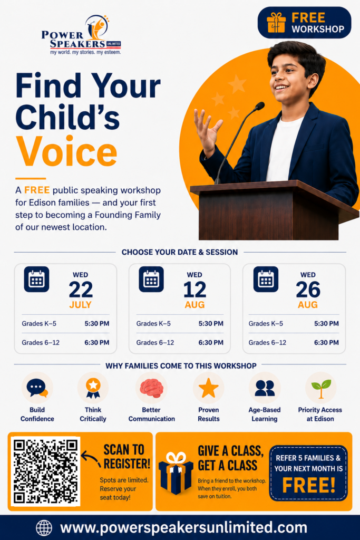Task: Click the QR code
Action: [x=45, y=471]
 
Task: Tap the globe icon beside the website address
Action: [x=44, y=527]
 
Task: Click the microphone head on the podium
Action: [x=259, y=106]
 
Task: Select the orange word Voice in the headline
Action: [x=66, y=151]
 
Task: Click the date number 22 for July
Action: [x=81, y=290]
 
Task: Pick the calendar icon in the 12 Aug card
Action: [x=151, y=279]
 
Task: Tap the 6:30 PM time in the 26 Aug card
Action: [x=326, y=342]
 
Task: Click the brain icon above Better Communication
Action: [x=151, y=388]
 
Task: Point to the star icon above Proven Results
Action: [x=209, y=388]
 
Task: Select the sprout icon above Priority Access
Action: [x=321, y=389]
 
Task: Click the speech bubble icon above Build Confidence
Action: [x=37, y=388]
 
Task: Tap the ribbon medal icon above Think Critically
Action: [x=93, y=388]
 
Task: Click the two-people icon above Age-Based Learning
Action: [x=265, y=388]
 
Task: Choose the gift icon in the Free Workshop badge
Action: [x=276, y=23]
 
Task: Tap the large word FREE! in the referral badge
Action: [x=309, y=485]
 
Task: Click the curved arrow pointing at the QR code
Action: [x=91, y=459]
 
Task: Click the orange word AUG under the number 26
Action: [x=308, y=305]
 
